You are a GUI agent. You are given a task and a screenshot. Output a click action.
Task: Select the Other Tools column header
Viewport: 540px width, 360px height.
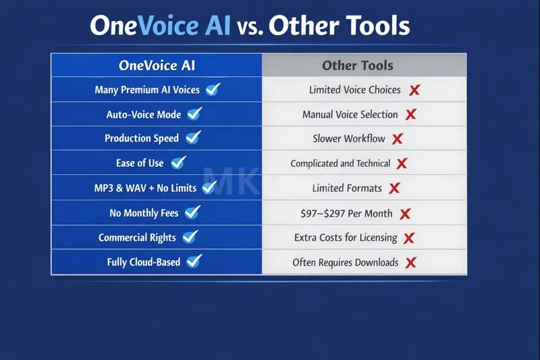click(x=357, y=66)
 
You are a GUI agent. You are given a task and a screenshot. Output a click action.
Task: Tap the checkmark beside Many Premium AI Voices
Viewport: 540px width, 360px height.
click(x=213, y=89)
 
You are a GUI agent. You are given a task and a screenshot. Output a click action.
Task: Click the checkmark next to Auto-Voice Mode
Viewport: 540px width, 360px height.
click(x=194, y=113)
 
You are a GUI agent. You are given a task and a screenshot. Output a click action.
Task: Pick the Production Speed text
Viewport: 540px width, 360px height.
click(x=142, y=138)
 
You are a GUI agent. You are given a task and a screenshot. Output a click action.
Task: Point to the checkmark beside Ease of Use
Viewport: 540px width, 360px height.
click(x=178, y=162)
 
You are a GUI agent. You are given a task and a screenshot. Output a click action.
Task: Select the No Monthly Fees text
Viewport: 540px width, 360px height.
click(x=144, y=213)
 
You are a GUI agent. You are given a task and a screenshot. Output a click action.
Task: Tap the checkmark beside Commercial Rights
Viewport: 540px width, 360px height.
click(x=190, y=237)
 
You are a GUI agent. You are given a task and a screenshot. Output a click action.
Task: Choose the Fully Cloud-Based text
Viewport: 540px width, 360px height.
click(x=143, y=261)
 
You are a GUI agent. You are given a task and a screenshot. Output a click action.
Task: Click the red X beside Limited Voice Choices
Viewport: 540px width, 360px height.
click(x=414, y=90)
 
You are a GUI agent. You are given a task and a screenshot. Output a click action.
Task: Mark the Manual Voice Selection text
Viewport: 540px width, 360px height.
click(x=350, y=114)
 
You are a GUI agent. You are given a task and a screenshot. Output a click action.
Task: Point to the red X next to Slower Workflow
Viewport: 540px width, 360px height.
click(x=398, y=138)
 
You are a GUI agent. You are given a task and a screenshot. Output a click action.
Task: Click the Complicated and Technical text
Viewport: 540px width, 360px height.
click(x=340, y=163)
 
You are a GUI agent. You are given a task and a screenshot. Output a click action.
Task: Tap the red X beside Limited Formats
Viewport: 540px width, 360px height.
click(x=394, y=188)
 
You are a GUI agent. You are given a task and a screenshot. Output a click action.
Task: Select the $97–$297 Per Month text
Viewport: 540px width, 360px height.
click(x=346, y=213)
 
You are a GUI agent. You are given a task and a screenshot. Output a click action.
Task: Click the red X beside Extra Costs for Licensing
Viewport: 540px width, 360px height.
click(x=408, y=238)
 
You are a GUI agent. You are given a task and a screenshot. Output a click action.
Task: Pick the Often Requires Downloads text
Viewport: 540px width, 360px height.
click(x=345, y=262)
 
